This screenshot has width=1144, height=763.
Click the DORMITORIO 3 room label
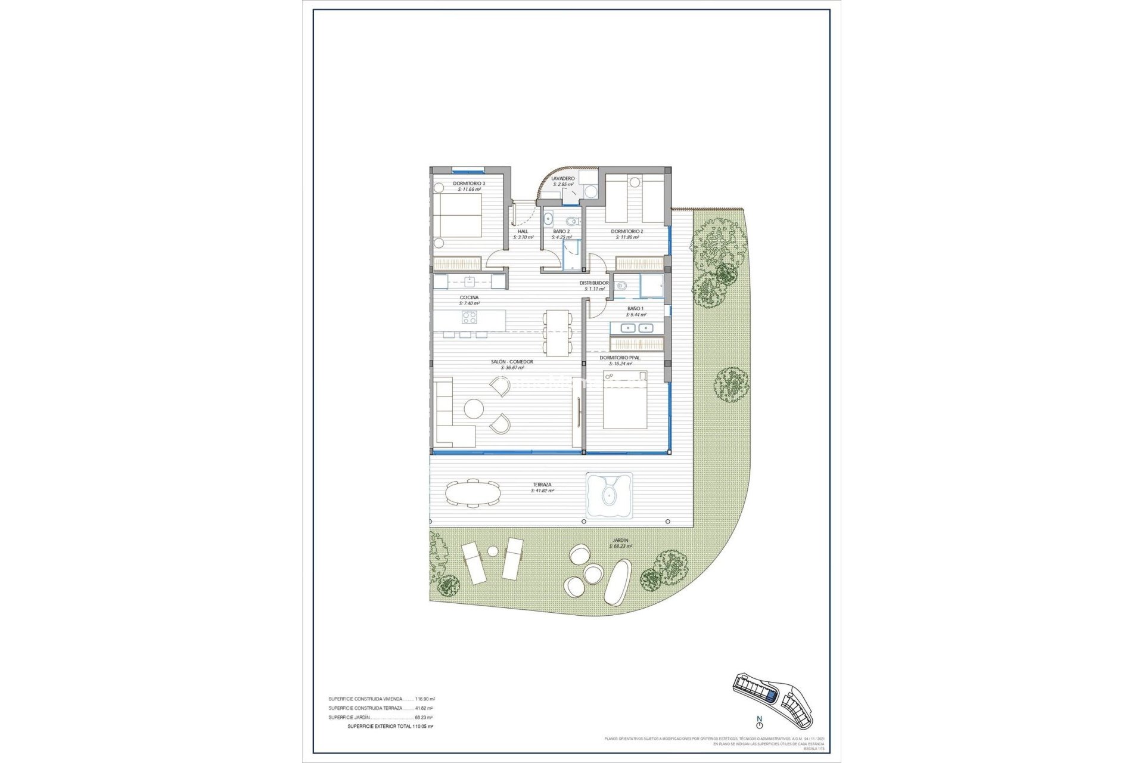click(x=469, y=184)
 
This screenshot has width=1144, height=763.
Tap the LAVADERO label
click(x=563, y=178)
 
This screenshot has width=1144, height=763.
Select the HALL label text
click(x=523, y=231)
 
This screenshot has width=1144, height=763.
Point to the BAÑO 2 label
click(x=561, y=231)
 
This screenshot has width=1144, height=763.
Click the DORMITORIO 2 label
click(x=627, y=231)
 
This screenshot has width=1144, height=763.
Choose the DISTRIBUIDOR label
click(x=594, y=283)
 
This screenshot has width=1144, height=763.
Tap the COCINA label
click(x=469, y=297)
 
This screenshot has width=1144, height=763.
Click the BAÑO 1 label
click(x=635, y=308)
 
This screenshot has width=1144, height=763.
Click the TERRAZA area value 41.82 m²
click(x=542, y=491)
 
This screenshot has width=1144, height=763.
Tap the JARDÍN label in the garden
click(x=619, y=541)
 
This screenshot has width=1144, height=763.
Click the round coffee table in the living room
click(x=474, y=409)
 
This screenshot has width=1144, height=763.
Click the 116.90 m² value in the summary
click(x=424, y=699)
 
